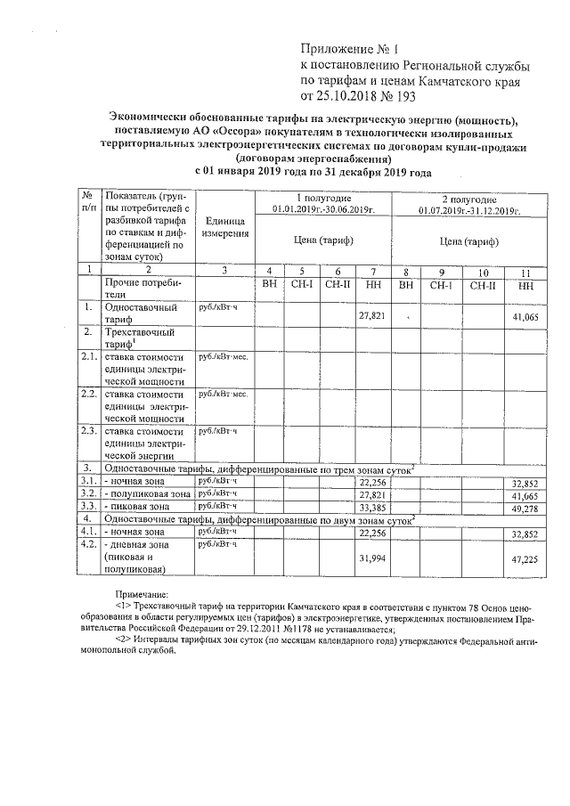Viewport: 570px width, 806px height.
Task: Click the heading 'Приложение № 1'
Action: (x=349, y=50)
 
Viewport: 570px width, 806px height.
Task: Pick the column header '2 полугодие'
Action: (x=468, y=198)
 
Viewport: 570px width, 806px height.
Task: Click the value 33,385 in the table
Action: (x=370, y=506)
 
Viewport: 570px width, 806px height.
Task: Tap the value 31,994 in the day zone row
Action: (x=370, y=558)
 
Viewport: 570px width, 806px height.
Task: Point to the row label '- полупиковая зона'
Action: (x=147, y=493)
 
